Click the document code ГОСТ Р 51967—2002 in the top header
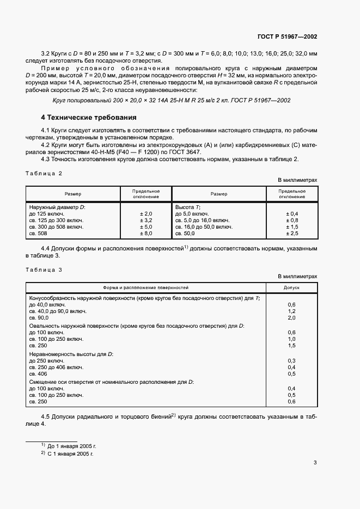click(x=286, y=36)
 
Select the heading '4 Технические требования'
click(x=89, y=118)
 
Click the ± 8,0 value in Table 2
click(x=147, y=234)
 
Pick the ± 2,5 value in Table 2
click(x=292, y=234)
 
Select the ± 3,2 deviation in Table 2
click(x=147, y=220)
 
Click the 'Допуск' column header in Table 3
click(x=291, y=287)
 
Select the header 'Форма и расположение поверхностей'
click(x=146, y=287)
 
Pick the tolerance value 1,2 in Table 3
click(x=291, y=311)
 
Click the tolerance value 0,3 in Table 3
click(x=291, y=361)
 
